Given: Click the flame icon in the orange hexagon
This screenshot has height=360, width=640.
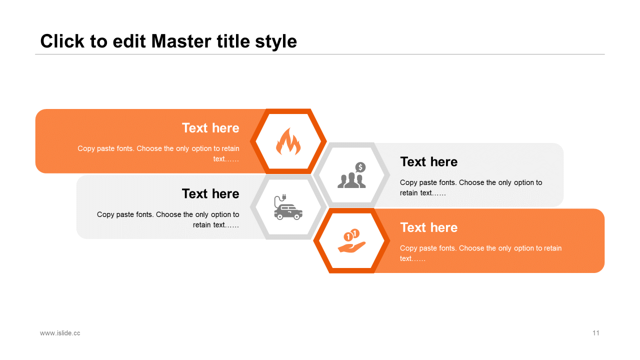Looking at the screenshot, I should point(288,141).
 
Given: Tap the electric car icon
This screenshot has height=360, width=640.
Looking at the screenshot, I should point(288,208).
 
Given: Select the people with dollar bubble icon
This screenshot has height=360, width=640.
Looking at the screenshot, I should point(352,175).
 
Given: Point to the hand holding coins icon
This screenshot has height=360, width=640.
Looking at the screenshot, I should point(352,241).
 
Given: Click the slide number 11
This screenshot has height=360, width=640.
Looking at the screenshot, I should point(596,333).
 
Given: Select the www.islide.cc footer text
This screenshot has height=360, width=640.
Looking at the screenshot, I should point(60,333).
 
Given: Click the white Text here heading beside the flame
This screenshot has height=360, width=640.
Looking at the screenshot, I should point(210,128).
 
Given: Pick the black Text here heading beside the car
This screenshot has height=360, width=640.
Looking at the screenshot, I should point(210,193).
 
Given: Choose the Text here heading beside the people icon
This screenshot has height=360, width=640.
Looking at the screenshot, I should point(428,162).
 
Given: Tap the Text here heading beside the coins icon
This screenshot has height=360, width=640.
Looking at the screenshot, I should point(428,227).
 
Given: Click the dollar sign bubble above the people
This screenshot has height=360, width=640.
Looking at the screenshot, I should point(360,167).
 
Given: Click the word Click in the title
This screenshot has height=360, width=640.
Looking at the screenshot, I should point(62,41).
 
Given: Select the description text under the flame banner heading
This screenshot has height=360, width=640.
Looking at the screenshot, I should point(158,153).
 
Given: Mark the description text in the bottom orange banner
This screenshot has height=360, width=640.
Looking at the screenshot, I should point(480,253).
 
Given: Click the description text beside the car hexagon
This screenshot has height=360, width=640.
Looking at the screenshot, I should point(168,219).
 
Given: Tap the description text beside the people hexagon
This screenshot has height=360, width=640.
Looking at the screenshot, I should point(470,187).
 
